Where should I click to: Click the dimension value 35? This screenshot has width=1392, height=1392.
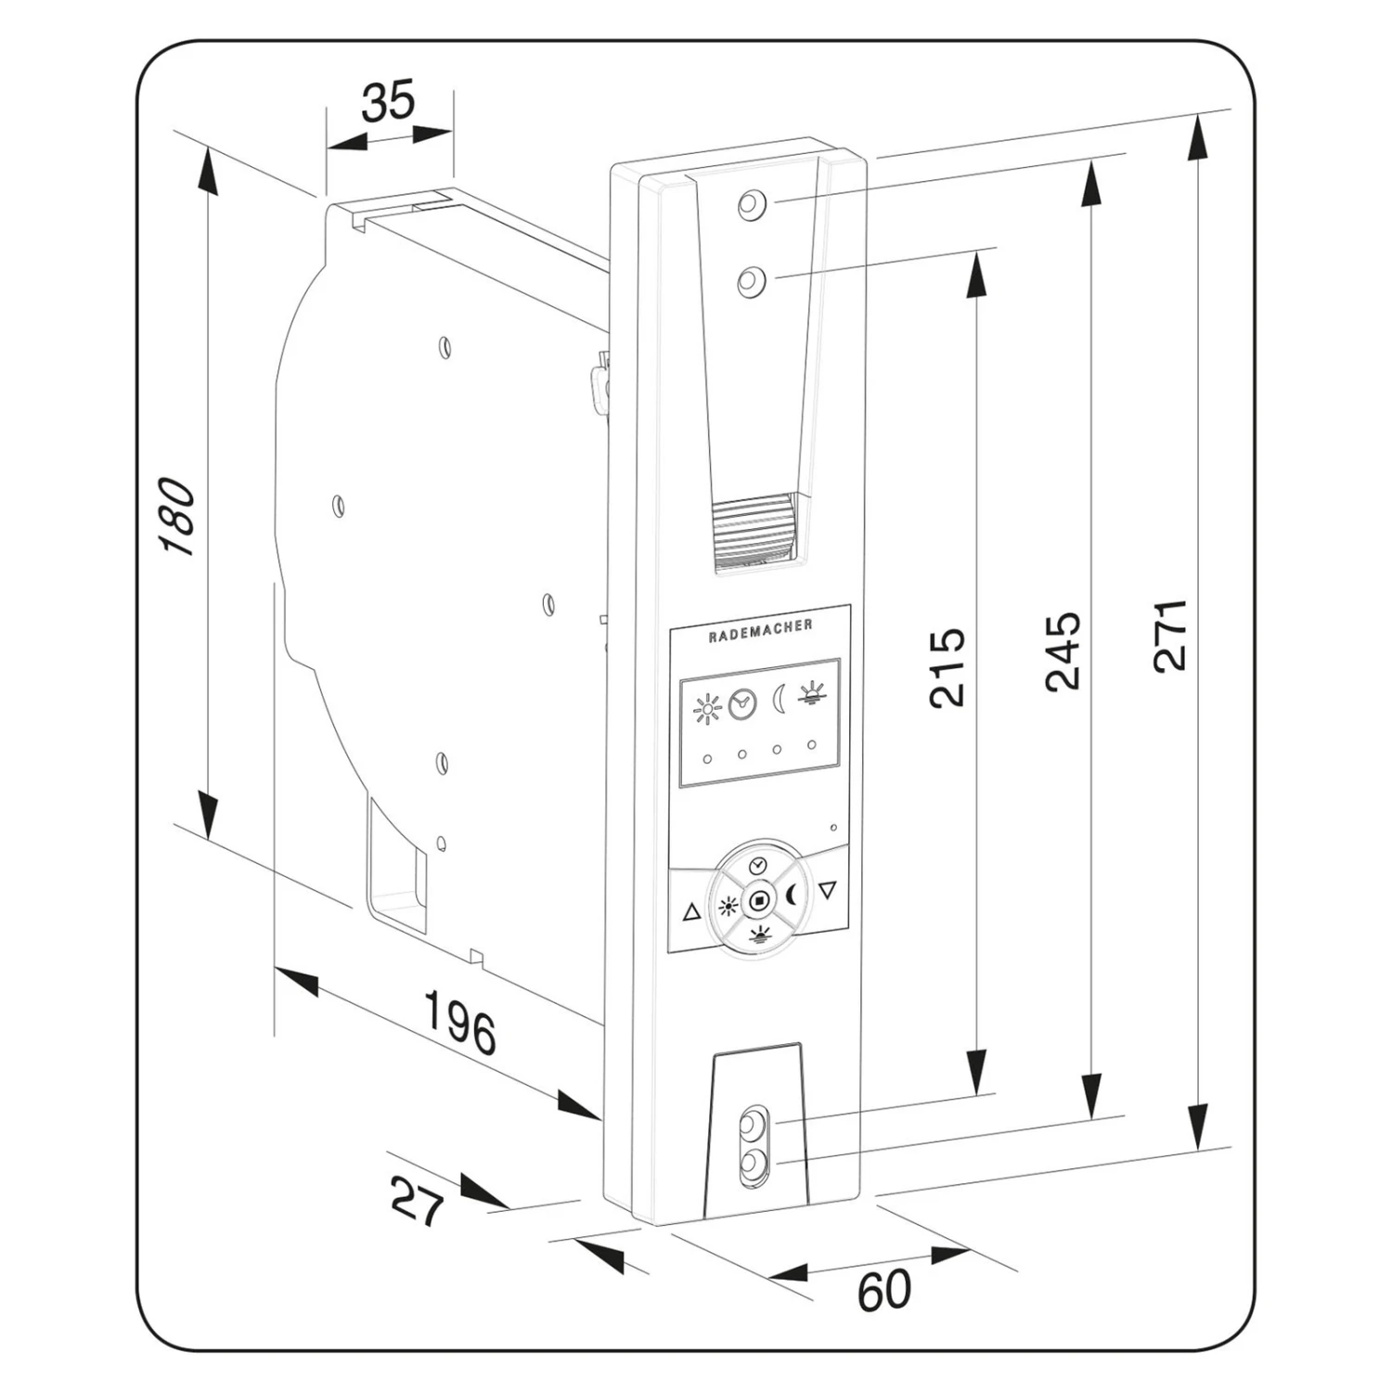click(x=389, y=102)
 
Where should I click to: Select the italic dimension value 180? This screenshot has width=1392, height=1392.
click(x=177, y=517)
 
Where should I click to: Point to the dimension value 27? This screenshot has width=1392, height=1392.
click(x=418, y=1201)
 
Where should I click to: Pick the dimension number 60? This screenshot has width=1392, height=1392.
click(x=883, y=1290)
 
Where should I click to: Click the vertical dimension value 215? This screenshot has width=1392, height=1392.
click(x=947, y=668)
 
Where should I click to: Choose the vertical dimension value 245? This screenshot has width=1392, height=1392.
click(x=1063, y=651)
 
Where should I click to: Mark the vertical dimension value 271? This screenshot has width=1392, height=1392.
click(x=1171, y=635)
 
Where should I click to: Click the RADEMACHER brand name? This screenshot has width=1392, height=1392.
click(x=760, y=630)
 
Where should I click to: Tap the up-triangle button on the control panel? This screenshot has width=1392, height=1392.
click(x=691, y=912)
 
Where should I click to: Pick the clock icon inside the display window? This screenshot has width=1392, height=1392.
click(x=742, y=705)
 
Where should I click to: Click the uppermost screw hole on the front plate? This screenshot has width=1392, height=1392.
click(x=752, y=204)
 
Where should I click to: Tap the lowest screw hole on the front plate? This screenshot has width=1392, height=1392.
click(x=753, y=1162)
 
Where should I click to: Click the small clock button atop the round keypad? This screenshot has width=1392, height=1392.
click(x=758, y=865)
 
